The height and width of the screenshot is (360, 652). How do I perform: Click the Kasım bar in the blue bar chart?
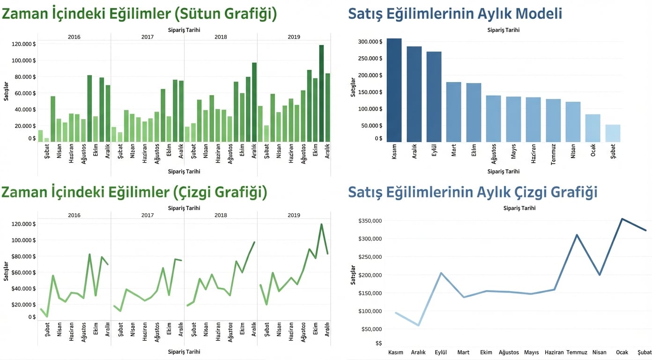[x=394, y=90]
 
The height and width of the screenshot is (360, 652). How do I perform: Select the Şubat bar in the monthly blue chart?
[x=613, y=133]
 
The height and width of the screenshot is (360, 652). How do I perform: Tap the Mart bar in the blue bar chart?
[x=453, y=112]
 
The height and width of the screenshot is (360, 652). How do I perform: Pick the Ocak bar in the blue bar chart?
[x=593, y=128]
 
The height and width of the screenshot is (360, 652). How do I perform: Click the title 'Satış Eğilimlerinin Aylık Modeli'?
[x=455, y=14]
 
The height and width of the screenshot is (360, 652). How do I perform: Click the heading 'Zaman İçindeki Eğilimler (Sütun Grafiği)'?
[x=139, y=14]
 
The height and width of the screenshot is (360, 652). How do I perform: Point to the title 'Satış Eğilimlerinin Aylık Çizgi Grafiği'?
[x=473, y=192]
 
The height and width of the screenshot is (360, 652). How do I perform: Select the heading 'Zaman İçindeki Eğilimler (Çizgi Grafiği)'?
[x=134, y=192]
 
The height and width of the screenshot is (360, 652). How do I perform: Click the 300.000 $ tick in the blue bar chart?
[x=370, y=42]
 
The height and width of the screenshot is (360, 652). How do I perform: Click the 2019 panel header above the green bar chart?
[x=294, y=37]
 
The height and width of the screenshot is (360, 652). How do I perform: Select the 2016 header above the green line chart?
[x=74, y=215]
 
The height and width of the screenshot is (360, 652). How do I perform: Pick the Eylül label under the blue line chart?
[x=440, y=352]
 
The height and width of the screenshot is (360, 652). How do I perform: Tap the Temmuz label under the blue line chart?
[x=577, y=352]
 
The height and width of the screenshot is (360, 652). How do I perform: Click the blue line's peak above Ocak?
[x=622, y=219]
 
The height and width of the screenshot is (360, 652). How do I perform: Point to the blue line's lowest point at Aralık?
[x=418, y=325]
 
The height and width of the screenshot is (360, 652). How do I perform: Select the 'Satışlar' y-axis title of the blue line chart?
[x=354, y=275]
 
